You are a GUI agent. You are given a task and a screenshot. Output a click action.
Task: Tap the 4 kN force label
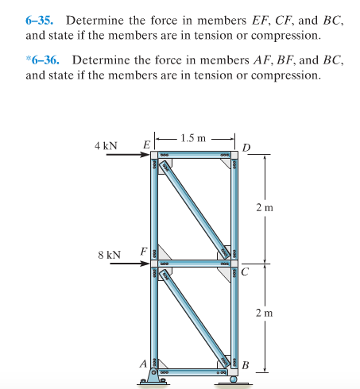click(105, 146)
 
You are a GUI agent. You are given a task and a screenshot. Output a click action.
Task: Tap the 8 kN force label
click(109, 255)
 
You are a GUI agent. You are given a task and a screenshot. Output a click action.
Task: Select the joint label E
click(145, 144)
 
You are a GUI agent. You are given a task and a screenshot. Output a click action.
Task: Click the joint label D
click(247, 148)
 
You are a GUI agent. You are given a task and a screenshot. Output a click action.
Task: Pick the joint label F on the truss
click(144, 252)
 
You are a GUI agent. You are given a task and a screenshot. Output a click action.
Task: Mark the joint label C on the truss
click(246, 269)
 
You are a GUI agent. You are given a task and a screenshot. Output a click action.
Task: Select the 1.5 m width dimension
click(194, 138)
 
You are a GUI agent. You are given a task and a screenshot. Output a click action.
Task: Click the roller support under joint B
click(233, 379)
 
